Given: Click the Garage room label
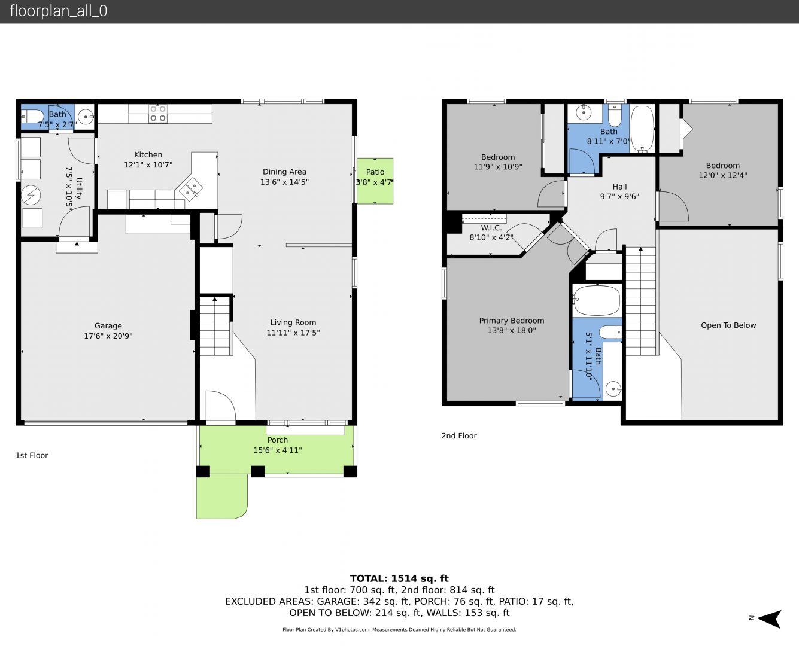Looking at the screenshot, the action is (x=108, y=325).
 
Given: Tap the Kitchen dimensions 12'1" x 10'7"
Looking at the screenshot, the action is (x=148, y=164).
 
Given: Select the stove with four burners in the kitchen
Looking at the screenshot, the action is (x=158, y=114).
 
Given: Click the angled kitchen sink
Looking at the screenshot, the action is (x=191, y=188).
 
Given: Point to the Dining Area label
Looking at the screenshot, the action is (x=284, y=172).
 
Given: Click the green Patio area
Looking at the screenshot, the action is (x=375, y=181).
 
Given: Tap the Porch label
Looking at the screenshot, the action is (x=278, y=440).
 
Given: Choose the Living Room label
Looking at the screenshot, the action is (x=293, y=322).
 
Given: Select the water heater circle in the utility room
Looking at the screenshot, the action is (x=31, y=195).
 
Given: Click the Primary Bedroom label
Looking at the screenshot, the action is (x=511, y=321).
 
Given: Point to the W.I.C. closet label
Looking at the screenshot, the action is (x=491, y=227).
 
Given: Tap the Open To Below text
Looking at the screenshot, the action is (x=728, y=325).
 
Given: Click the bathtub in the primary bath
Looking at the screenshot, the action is (x=597, y=300).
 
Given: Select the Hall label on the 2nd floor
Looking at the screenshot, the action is (x=619, y=187).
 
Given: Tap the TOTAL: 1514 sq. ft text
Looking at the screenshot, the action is (x=399, y=578).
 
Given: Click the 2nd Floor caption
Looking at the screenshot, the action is (x=459, y=435).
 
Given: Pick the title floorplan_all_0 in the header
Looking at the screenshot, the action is (x=58, y=11).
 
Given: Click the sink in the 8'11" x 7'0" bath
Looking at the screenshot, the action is (x=584, y=112).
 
